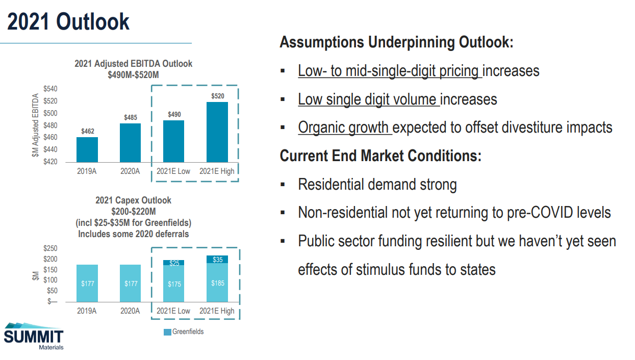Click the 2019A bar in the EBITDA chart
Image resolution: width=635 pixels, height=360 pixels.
click(x=87, y=149)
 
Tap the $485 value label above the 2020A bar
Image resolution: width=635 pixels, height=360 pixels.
click(x=131, y=118)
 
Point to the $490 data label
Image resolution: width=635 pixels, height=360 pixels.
click(x=174, y=114)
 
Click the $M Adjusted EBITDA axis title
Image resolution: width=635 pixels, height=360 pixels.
click(x=36, y=125)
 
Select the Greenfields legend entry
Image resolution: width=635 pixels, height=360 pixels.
click(x=184, y=332)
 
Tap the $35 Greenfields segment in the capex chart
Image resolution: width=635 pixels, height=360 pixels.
click(x=217, y=260)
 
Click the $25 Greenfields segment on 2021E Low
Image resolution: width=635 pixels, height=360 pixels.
click(x=174, y=263)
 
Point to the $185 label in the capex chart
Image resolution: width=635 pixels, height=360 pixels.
click(x=217, y=283)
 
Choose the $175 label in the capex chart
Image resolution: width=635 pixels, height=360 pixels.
click(x=174, y=284)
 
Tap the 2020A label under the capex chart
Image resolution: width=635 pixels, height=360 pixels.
click(x=131, y=311)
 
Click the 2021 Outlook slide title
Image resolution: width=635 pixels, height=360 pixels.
click(x=68, y=22)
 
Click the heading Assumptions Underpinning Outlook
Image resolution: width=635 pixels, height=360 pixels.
click(x=396, y=42)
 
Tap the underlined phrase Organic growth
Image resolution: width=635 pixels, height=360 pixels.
click(x=345, y=127)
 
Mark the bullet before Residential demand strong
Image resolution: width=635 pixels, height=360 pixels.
click(x=282, y=185)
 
